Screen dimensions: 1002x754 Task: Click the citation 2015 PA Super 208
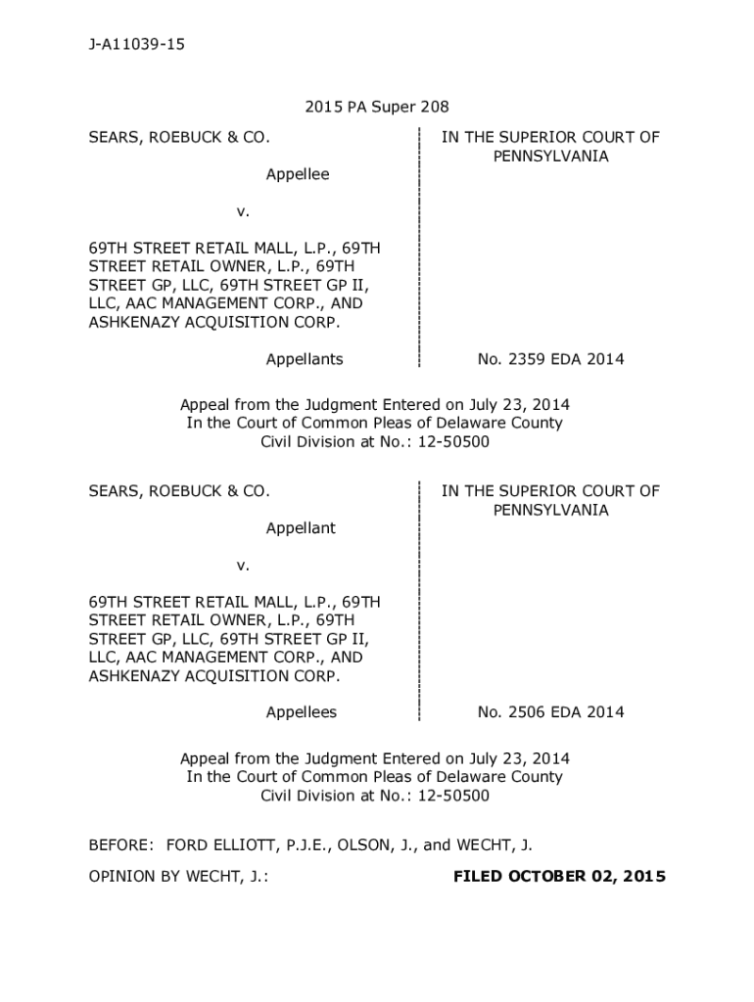point(376,108)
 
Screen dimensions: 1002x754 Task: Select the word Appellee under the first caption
point(298,174)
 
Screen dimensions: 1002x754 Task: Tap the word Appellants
point(305,359)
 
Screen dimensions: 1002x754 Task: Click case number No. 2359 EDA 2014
point(550,359)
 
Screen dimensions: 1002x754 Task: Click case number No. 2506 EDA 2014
point(550,712)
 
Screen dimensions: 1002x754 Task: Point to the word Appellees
point(302,712)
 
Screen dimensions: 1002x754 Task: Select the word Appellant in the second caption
point(301,528)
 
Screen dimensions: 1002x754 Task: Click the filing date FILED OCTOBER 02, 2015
point(559,876)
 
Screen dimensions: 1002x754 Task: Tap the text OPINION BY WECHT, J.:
point(179,876)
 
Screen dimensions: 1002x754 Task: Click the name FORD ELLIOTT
point(219,844)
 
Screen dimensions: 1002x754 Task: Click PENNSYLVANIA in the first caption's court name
point(550,156)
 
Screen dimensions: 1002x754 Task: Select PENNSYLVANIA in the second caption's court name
point(550,510)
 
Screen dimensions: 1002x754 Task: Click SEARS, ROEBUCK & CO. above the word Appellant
point(179,491)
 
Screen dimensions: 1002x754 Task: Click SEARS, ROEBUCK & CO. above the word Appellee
point(179,137)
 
